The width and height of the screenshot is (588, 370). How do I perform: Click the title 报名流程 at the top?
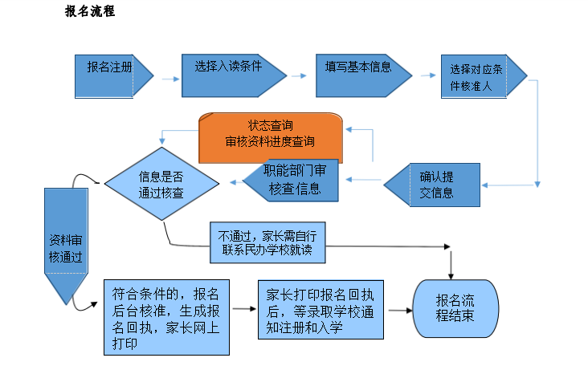tap(90, 13)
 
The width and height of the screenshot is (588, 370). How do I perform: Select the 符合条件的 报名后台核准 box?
tap(167, 316)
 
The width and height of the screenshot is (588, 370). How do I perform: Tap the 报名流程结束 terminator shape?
tap(455, 309)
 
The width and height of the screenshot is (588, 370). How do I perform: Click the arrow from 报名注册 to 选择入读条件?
tap(169, 79)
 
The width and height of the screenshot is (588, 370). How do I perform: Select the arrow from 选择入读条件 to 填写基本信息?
tap(299, 76)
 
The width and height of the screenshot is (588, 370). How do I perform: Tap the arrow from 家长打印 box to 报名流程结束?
tap(399, 310)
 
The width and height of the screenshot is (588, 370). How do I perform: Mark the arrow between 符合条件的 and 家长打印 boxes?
tap(243, 310)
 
